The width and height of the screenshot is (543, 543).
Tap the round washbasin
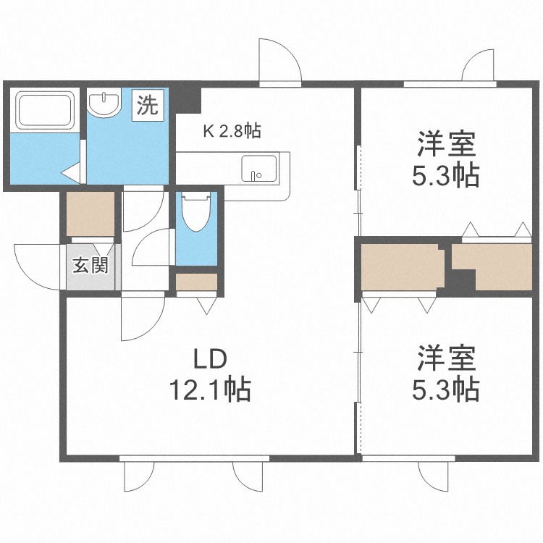(104, 101)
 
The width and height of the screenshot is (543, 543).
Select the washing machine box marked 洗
(148, 105)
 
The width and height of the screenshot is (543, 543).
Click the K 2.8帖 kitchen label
(232, 132)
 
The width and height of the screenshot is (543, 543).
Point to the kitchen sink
(260, 168)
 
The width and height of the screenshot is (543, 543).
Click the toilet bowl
(196, 212)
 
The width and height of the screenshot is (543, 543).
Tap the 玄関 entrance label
(90, 265)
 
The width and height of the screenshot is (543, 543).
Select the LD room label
(209, 359)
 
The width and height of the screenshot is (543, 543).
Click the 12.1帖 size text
(210, 390)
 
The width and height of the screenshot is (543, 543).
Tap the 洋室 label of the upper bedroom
(446, 143)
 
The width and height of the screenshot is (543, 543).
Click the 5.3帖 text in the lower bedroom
(446, 390)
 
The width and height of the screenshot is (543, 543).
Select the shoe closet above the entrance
(90, 214)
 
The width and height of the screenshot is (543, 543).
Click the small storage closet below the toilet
(196, 282)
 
